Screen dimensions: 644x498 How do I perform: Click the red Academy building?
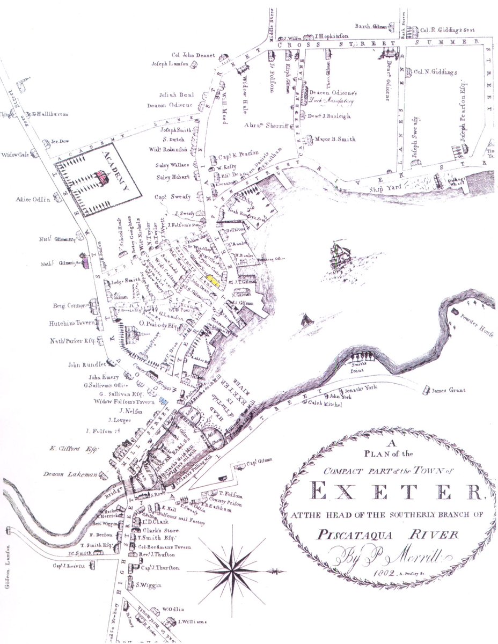[x=100, y=177]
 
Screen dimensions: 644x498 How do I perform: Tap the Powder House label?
[x=475, y=320]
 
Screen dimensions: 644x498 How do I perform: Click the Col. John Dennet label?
[x=193, y=55]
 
